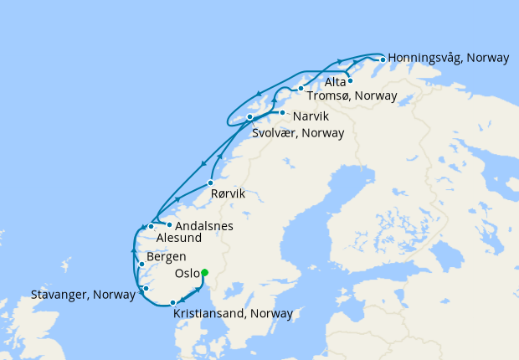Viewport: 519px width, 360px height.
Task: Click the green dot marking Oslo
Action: tap(204, 271)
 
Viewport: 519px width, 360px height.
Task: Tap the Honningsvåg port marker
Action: tap(383, 59)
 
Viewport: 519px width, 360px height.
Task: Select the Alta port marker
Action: tap(350, 81)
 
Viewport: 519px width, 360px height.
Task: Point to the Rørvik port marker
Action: tap(210, 183)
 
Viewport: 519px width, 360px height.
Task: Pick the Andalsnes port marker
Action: tap(169, 224)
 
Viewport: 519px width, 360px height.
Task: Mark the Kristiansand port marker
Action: tap(172, 303)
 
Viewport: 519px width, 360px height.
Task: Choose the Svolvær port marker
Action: tap(249, 117)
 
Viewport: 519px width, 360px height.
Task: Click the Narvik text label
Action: tap(311, 115)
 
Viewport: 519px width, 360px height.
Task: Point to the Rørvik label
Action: tap(228, 193)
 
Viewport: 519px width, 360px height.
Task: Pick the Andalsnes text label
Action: tap(204, 226)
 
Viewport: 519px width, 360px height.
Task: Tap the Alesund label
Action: tap(179, 238)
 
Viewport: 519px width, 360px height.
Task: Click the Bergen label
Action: tap(166, 257)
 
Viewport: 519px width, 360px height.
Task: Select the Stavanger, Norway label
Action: tap(83, 295)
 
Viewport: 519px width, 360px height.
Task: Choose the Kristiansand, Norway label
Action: tap(233, 314)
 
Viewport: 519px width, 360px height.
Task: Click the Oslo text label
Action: tap(186, 274)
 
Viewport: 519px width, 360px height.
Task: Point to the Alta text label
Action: tap(335, 82)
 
